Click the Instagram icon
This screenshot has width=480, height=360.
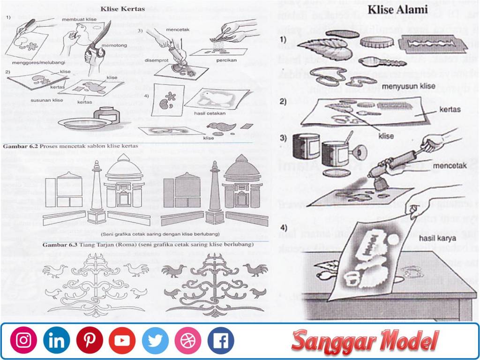coord(23,340)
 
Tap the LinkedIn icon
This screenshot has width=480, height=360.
coord(56,340)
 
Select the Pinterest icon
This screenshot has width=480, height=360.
coord(90,340)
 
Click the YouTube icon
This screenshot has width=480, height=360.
coord(122,340)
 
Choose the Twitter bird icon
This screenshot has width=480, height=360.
coord(155,340)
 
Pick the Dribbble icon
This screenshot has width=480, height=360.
coord(188,340)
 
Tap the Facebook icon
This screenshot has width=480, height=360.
coord(221,340)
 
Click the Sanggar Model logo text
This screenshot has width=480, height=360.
coord(365,341)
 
